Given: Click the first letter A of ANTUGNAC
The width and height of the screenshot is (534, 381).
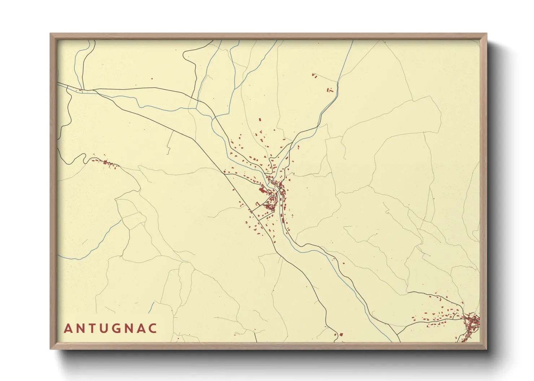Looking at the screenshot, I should [68, 328].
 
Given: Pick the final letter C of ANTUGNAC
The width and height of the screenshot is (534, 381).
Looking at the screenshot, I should [153, 328].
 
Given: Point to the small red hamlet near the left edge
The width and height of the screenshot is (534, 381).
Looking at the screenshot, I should [106, 163].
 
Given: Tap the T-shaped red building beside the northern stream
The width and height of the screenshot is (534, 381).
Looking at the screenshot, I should [329, 90].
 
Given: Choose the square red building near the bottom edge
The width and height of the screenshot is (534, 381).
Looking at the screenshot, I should [341, 335].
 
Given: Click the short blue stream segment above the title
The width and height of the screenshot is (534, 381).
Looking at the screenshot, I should [151, 308].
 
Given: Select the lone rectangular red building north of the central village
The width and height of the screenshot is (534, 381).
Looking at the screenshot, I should [259, 119].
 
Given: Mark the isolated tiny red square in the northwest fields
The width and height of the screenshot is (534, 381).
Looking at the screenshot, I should [152, 78].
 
